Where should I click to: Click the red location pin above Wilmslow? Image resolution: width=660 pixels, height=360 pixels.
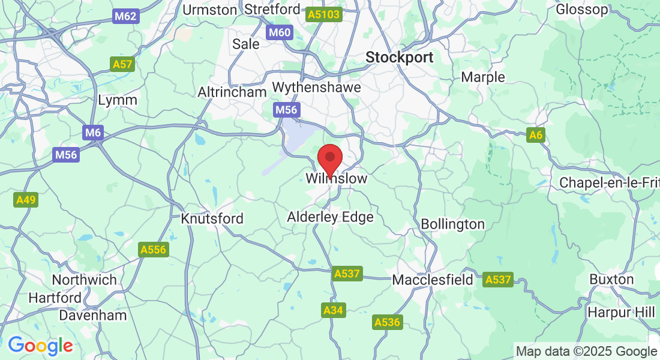click(x=329, y=159)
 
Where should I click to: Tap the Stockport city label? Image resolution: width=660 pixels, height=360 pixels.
click(x=400, y=58)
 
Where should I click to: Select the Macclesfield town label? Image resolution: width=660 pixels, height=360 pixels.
click(x=433, y=280)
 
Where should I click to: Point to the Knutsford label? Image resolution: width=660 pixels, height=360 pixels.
click(x=212, y=218)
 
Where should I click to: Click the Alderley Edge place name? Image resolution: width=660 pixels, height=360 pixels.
click(x=330, y=217)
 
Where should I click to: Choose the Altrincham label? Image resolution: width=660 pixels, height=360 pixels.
click(x=232, y=92)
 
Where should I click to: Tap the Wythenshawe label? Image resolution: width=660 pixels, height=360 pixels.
click(x=316, y=88)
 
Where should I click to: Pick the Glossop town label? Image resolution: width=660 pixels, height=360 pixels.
click(x=582, y=10)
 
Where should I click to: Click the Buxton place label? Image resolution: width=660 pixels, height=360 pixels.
click(x=611, y=279)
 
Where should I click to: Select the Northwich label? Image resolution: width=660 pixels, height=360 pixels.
click(x=84, y=280)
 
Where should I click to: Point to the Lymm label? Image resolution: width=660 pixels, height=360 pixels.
click(x=118, y=100)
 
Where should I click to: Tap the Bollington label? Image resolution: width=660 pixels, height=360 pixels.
click(x=452, y=224)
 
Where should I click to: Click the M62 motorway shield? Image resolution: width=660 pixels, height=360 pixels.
click(x=125, y=16)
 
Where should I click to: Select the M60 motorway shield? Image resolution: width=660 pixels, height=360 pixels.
click(x=280, y=32)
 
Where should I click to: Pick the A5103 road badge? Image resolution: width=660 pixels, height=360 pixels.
click(x=323, y=14)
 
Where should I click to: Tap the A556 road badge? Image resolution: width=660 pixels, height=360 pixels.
click(x=152, y=250)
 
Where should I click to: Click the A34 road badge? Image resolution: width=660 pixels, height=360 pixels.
click(x=334, y=310)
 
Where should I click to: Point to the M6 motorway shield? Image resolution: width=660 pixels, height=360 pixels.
click(x=92, y=133)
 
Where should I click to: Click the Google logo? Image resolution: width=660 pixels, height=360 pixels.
click(x=40, y=346)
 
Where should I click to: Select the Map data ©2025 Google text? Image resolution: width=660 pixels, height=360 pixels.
click(x=586, y=352)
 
